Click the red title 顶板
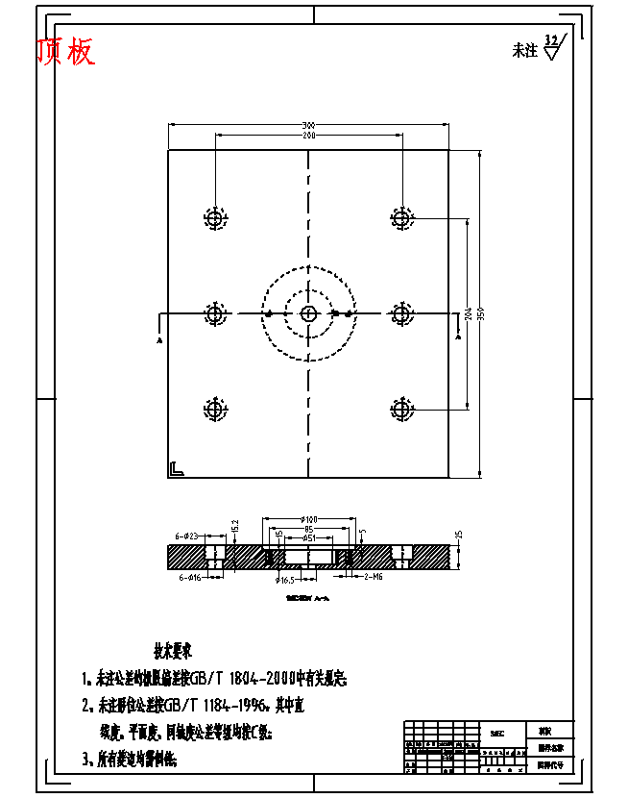tap(66, 53)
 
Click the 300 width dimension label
tap(308, 126)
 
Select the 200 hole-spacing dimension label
tap(308, 137)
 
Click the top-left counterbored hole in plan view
tap(215, 218)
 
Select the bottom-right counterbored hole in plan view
tap(401, 408)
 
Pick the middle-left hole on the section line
tap(215, 313)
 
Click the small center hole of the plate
tap(308, 313)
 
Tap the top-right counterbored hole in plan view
tap(401, 218)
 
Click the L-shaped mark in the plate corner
tap(176, 469)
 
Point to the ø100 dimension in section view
tap(308, 520)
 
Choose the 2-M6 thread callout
tap(373, 577)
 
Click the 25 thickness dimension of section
tap(459, 536)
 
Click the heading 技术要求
tap(173, 650)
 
